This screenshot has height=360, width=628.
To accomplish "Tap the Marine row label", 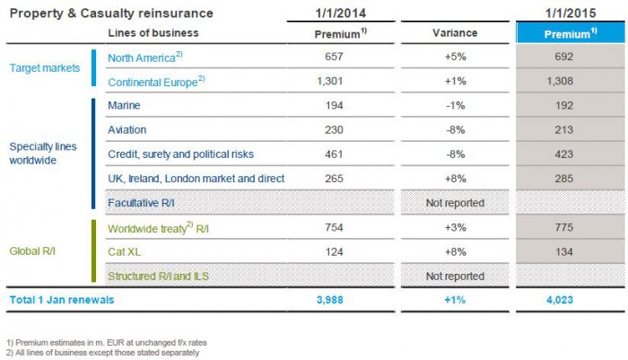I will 123,106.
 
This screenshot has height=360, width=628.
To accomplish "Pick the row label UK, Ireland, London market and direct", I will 196,179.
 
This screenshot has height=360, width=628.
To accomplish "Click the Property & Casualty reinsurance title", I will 108,13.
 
